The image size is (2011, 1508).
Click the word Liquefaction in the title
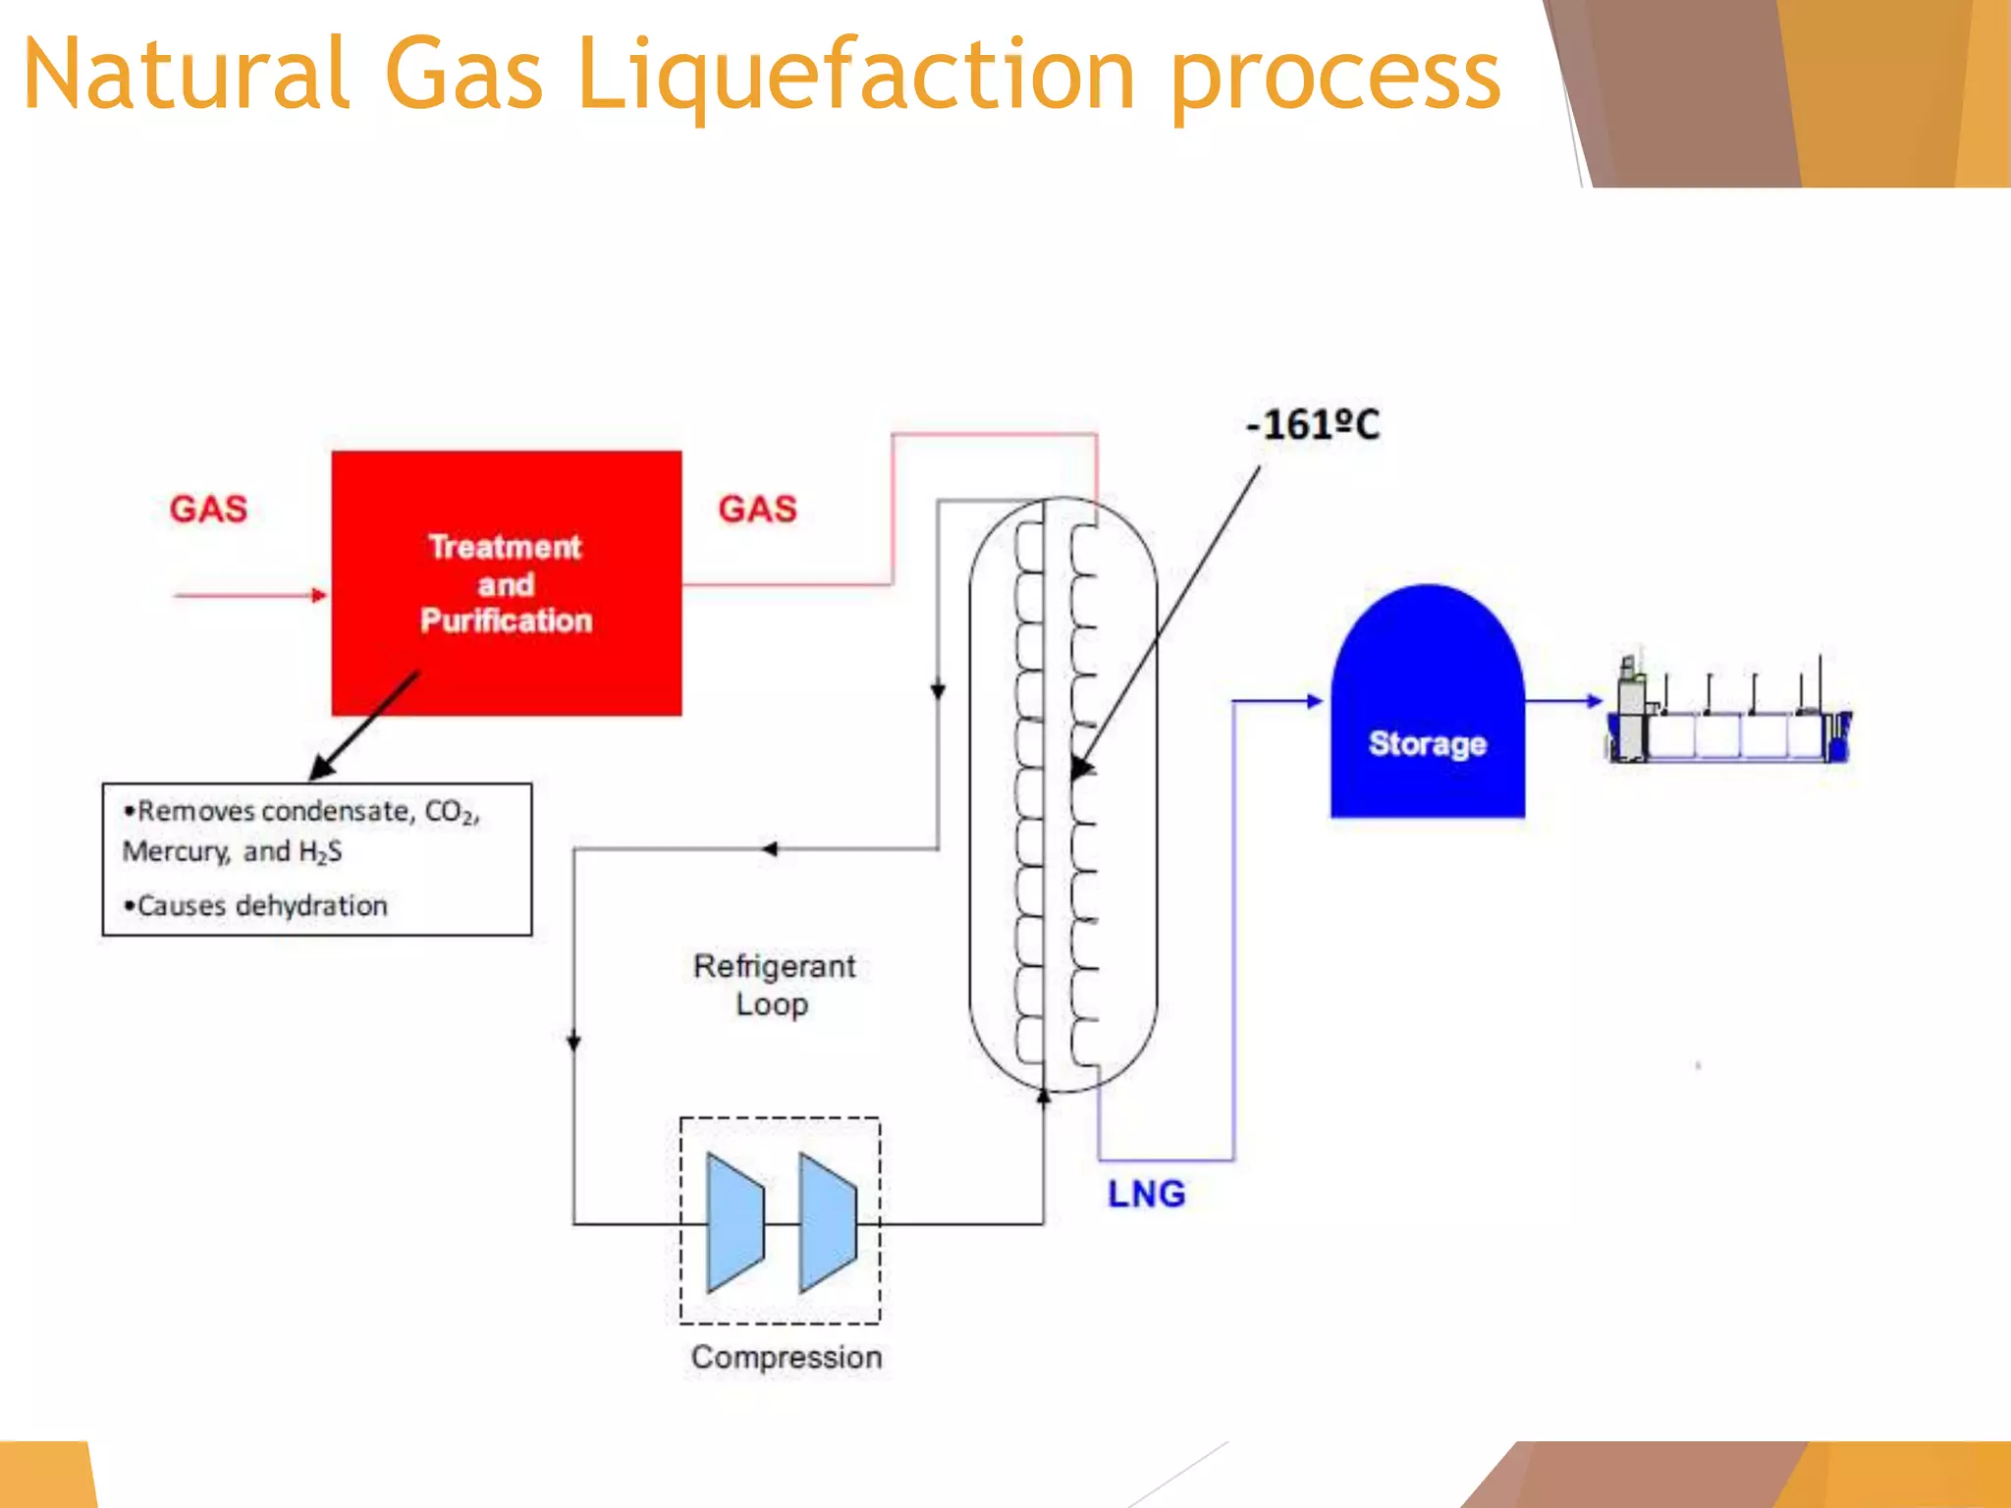point(855,75)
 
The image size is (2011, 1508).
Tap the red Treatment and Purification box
point(507,583)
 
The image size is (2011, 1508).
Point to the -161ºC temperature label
point(1313,425)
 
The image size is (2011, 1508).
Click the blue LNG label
point(1146,1194)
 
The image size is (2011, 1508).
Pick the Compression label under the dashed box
point(787,1357)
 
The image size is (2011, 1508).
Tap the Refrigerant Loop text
point(774,985)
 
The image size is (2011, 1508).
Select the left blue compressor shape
point(734,1222)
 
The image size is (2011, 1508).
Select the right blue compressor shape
point(828,1222)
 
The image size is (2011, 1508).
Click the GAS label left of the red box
point(208,510)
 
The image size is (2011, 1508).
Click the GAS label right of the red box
point(757,510)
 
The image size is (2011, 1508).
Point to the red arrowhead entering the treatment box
point(318,595)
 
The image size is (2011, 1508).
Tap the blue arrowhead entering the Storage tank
point(1314,701)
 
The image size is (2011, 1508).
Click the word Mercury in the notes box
point(175,851)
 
